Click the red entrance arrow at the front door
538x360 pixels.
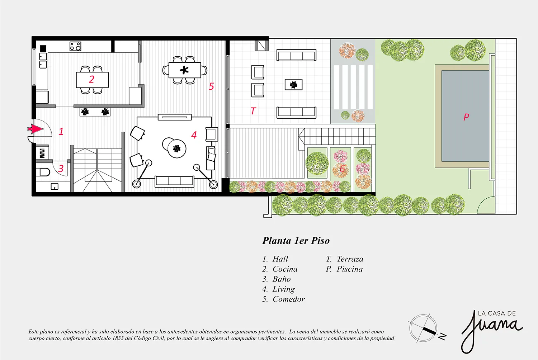point(36,129)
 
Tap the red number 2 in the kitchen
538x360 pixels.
point(91,79)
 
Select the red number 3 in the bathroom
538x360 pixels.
point(61,169)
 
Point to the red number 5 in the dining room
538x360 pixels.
point(211,86)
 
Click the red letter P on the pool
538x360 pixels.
point(466,117)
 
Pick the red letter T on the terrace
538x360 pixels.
point(253,111)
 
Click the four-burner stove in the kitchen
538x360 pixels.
point(75,46)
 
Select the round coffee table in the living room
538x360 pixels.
point(177,149)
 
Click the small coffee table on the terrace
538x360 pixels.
point(293,85)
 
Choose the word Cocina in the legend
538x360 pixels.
point(285,269)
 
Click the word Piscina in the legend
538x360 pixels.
point(349,269)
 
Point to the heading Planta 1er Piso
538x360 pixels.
point(296,241)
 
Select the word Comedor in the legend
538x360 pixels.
point(288,299)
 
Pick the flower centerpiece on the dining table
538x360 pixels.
point(184,70)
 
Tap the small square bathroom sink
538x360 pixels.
point(55,186)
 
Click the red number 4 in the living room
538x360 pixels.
point(194,135)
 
